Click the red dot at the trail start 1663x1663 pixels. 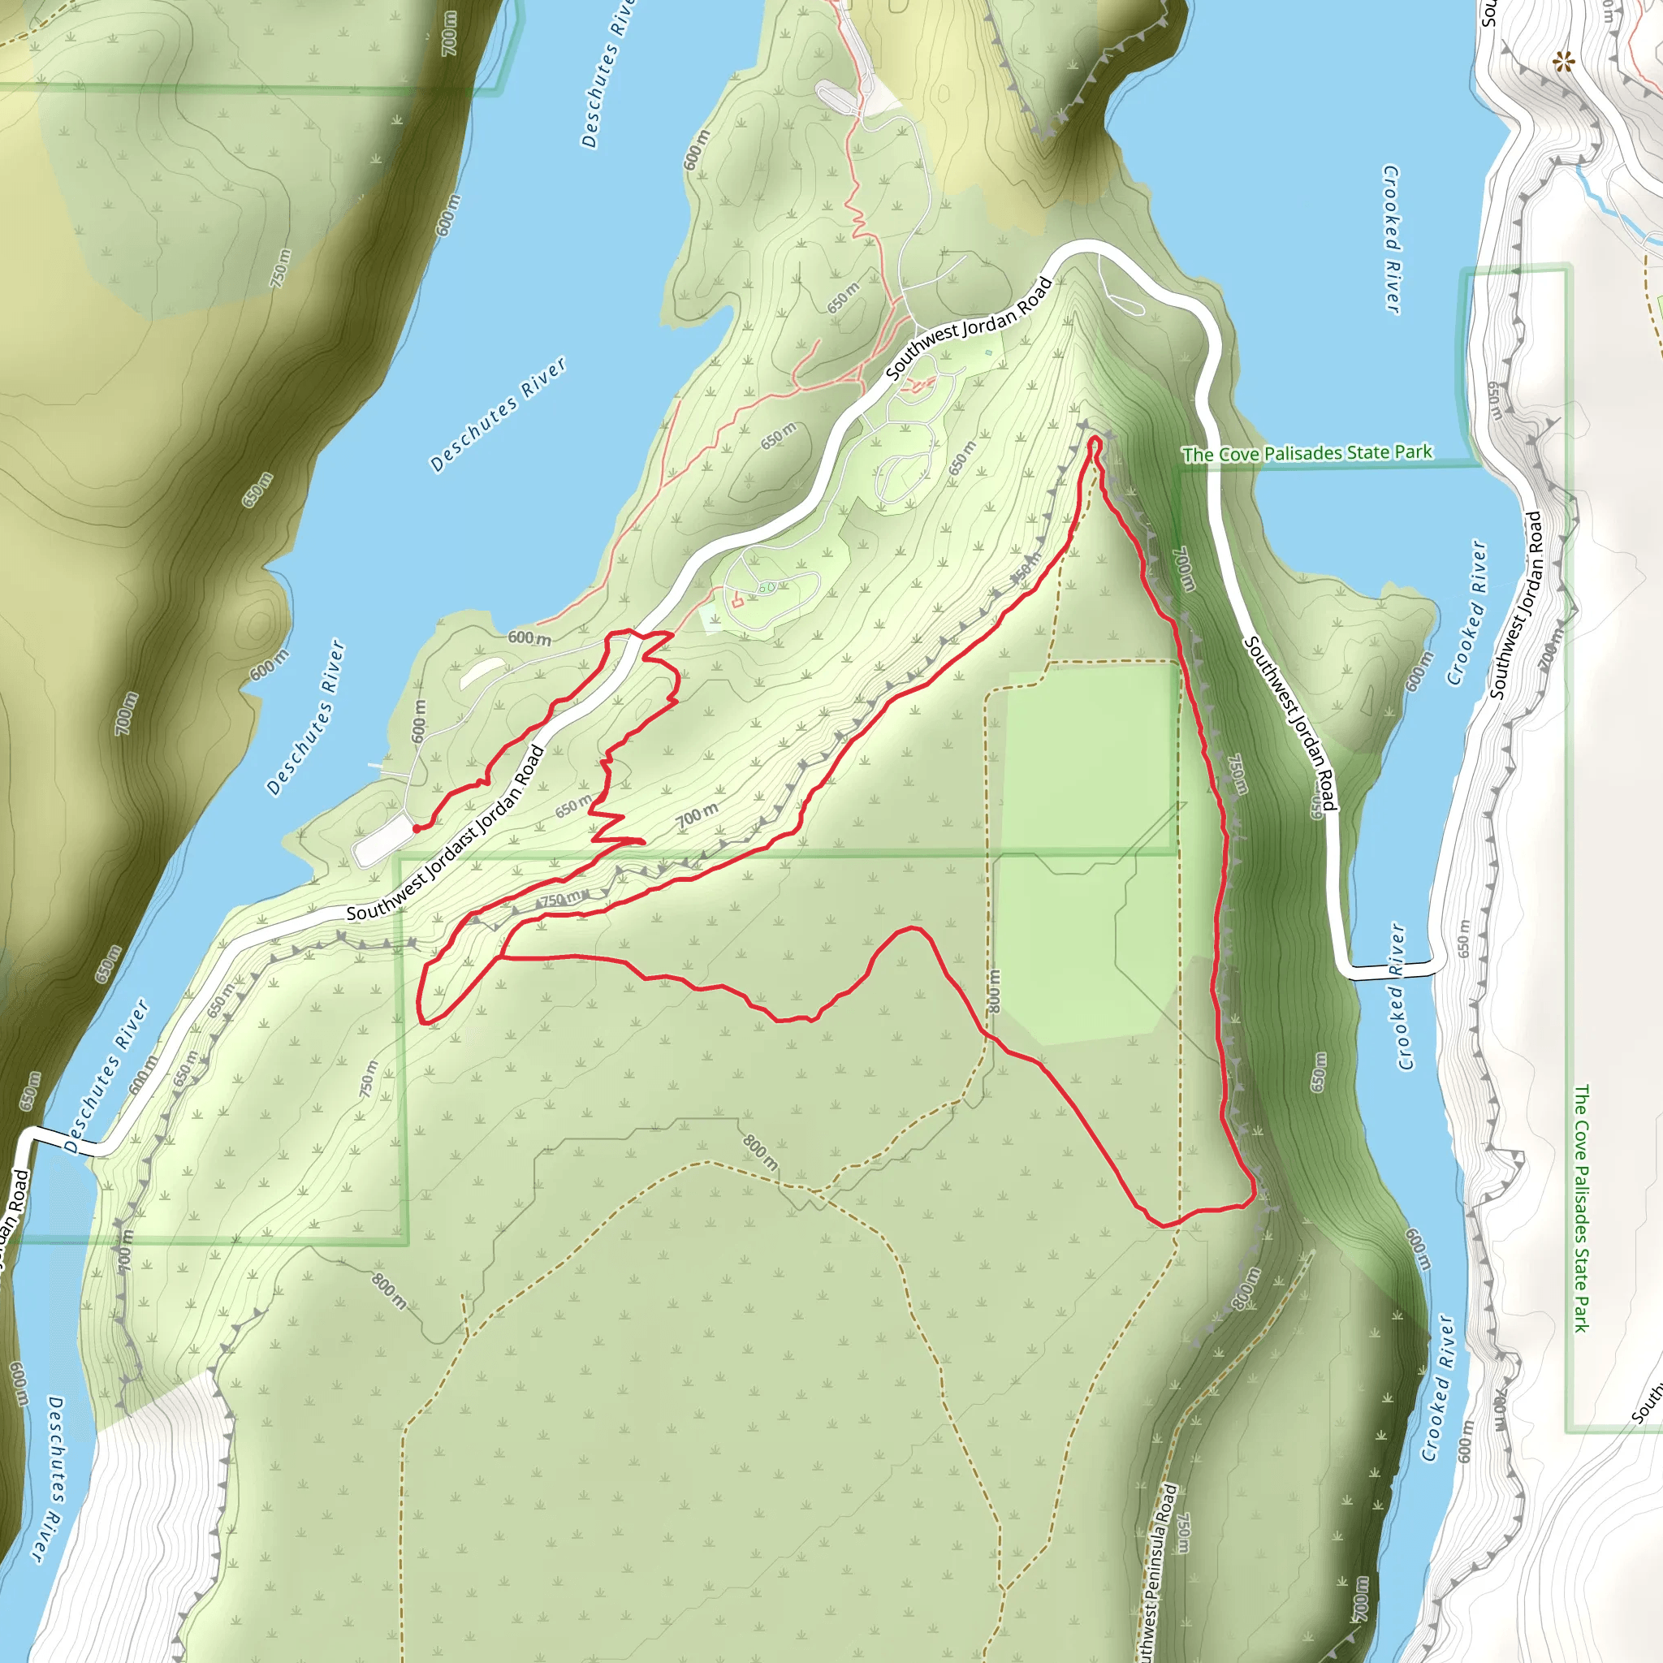pos(417,829)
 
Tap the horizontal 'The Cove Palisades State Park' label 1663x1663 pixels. pos(1307,453)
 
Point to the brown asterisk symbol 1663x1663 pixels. pos(1562,62)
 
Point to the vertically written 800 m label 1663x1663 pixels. pos(994,991)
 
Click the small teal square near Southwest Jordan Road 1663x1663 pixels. pos(989,352)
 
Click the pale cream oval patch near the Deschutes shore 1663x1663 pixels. pos(482,673)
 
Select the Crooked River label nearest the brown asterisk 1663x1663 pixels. pos(1391,240)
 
